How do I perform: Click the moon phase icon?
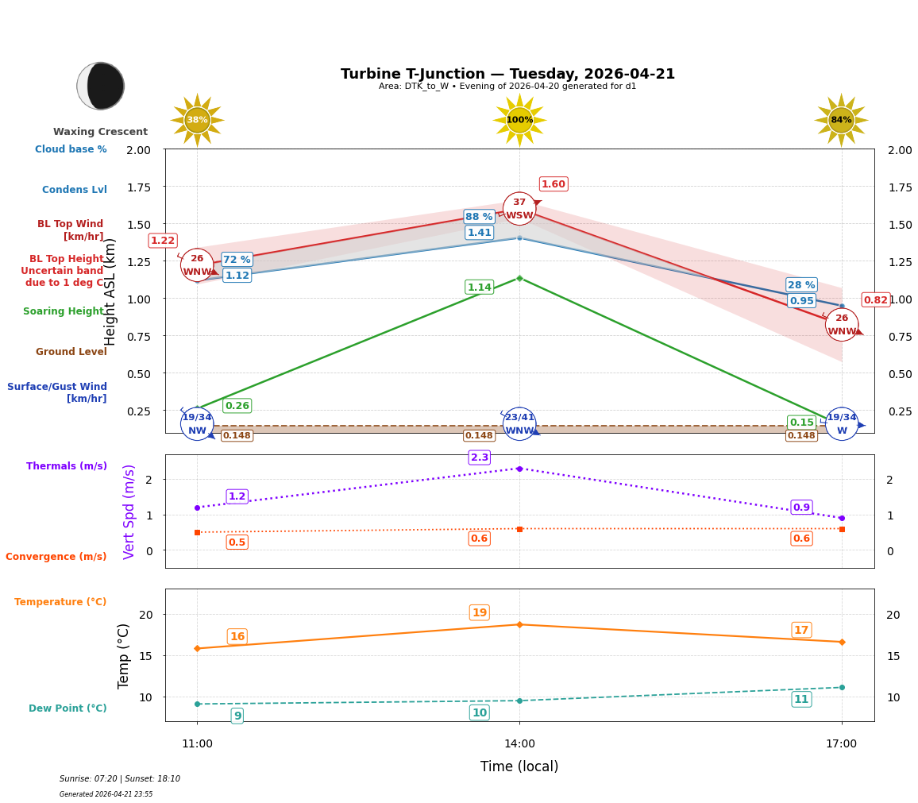coord(101,86)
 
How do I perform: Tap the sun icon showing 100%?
coord(519,120)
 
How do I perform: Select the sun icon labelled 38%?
coord(197,120)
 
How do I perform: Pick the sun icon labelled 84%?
coord(841,120)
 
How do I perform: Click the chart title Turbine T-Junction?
coord(507,74)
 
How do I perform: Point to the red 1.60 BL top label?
coord(553,184)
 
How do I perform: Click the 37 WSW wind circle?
coord(519,209)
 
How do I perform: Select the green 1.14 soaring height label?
coord(479,288)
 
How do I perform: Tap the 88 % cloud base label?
coord(479,217)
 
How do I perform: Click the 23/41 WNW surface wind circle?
coord(519,424)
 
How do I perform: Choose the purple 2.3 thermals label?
coord(479,457)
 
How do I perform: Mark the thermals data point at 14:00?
coord(519,469)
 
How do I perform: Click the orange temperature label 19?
coord(479,612)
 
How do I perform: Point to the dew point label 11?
coord(801,699)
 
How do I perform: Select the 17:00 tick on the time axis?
coord(841,744)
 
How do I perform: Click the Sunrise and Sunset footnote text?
coord(120,779)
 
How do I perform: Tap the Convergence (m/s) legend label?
coord(56,557)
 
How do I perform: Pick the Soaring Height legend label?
coord(64,311)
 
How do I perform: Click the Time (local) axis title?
coord(519,766)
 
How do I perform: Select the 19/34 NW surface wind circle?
coord(197,424)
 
